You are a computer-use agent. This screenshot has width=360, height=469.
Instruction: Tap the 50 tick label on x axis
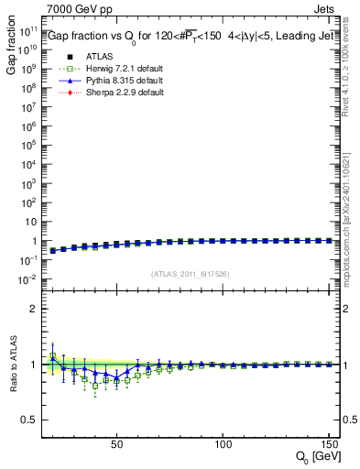coord(116,445)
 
